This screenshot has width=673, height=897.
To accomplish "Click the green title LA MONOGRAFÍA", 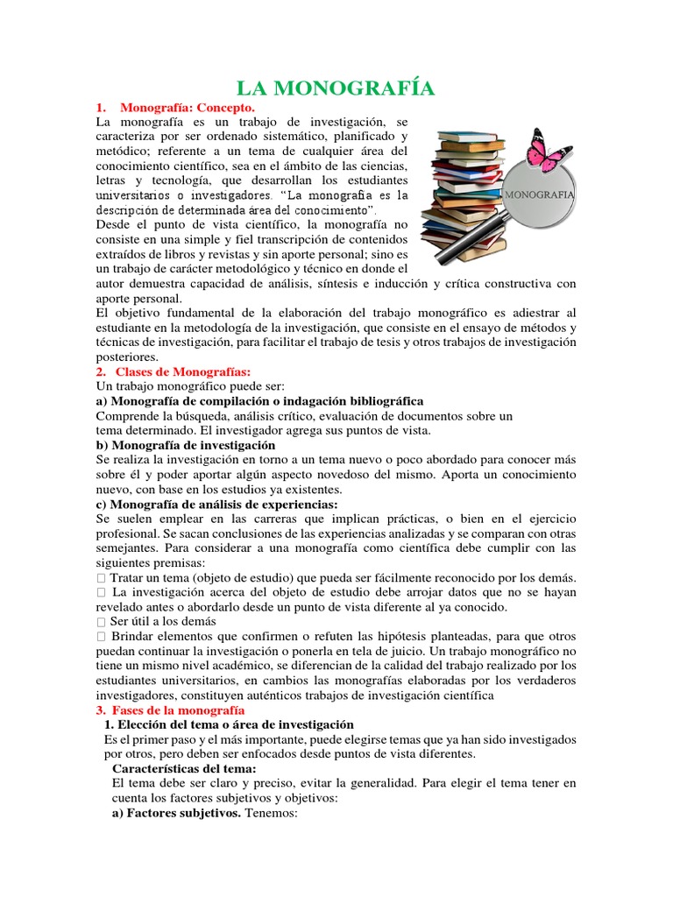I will coord(336,88).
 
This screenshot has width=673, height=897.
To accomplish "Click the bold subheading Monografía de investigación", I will coord(184,445).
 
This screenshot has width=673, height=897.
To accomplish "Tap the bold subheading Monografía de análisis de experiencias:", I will coord(216,505).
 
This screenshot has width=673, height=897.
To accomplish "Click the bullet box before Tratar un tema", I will coord(102,579).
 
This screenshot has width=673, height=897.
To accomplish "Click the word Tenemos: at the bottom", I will coord(272,813).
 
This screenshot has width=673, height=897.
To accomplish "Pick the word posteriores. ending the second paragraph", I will coord(127,357).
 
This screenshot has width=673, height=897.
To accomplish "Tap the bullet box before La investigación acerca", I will coord(102,593).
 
